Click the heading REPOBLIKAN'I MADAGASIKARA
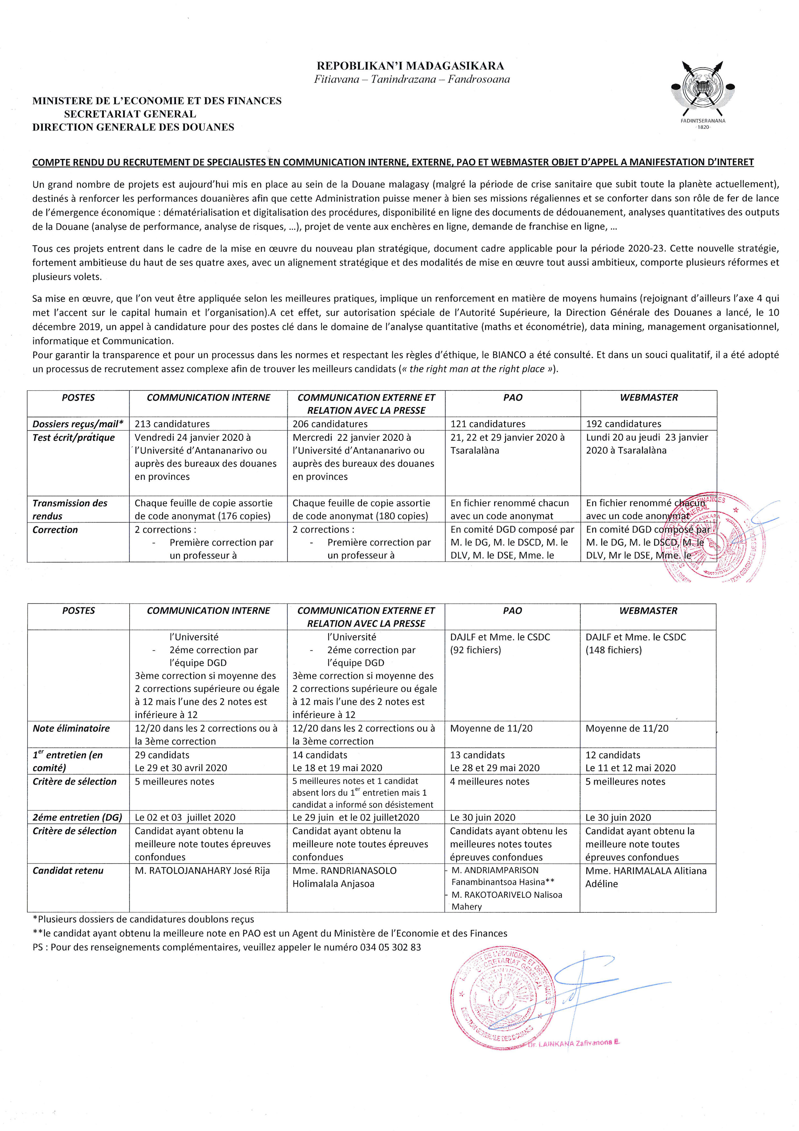pyautogui.click(x=410, y=65)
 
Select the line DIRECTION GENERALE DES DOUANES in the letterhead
pyautogui.click(x=133, y=127)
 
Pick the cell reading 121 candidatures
pyautogui.click(x=488, y=424)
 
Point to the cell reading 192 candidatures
pyautogui.click(x=623, y=424)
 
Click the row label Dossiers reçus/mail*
pyautogui.click(x=78, y=424)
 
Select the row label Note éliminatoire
pyautogui.click(x=72, y=728)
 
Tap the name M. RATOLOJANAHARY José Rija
pyautogui.click(x=202, y=870)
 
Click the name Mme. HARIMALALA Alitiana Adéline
pyautogui.click(x=645, y=877)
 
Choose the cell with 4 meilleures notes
pyautogui.click(x=489, y=781)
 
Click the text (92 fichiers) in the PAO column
pyautogui.click(x=476, y=650)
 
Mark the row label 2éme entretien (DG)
pyautogui.click(x=77, y=817)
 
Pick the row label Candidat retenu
pyautogui.click(x=68, y=870)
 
